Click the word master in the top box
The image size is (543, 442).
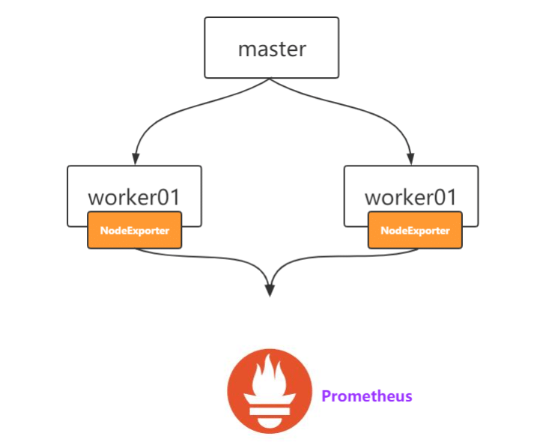click(272, 49)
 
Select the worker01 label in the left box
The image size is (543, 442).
click(134, 198)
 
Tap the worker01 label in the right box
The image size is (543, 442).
click(410, 198)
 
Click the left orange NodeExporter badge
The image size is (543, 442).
click(135, 231)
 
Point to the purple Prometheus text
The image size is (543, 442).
click(367, 396)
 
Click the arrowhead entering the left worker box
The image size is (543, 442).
click(135, 159)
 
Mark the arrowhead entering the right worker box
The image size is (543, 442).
click(410, 159)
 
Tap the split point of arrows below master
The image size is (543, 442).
click(271, 79)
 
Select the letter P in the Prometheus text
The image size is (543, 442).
click(327, 396)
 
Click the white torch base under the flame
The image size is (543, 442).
click(270, 410)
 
